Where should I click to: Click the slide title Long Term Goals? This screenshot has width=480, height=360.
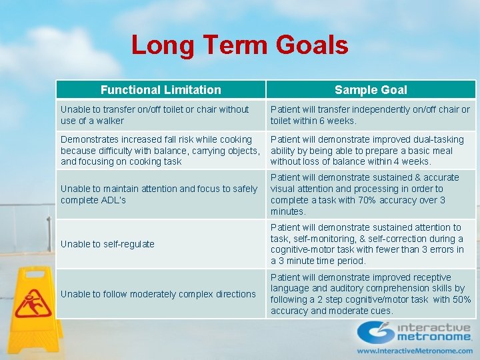[x=239, y=45]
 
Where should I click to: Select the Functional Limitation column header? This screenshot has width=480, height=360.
[x=161, y=89]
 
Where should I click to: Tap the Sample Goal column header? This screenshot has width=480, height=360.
[x=371, y=89]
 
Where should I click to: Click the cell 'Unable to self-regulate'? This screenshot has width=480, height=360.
[x=107, y=244]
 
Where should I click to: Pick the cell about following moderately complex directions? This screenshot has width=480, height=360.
[x=158, y=294]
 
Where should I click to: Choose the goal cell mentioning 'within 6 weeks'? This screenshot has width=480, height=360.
[x=370, y=115]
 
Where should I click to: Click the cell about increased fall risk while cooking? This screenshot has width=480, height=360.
[x=160, y=150]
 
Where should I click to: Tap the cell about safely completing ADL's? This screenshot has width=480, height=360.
[x=159, y=194]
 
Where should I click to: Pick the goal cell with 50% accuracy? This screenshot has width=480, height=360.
[x=370, y=294]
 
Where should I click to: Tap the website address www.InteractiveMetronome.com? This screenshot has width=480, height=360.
[x=414, y=351]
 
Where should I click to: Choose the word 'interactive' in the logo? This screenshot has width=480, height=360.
[x=433, y=327]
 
